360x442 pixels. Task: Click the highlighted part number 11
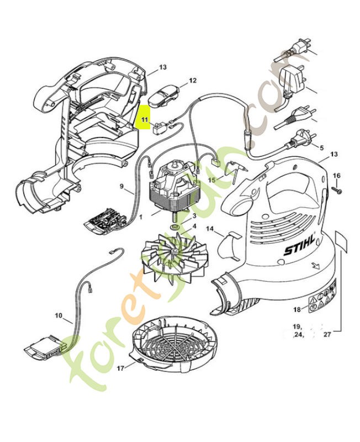click(144, 119)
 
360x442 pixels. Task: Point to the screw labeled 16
click(337, 190)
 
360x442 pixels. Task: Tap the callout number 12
click(193, 80)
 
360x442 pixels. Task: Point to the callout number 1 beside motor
click(141, 218)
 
